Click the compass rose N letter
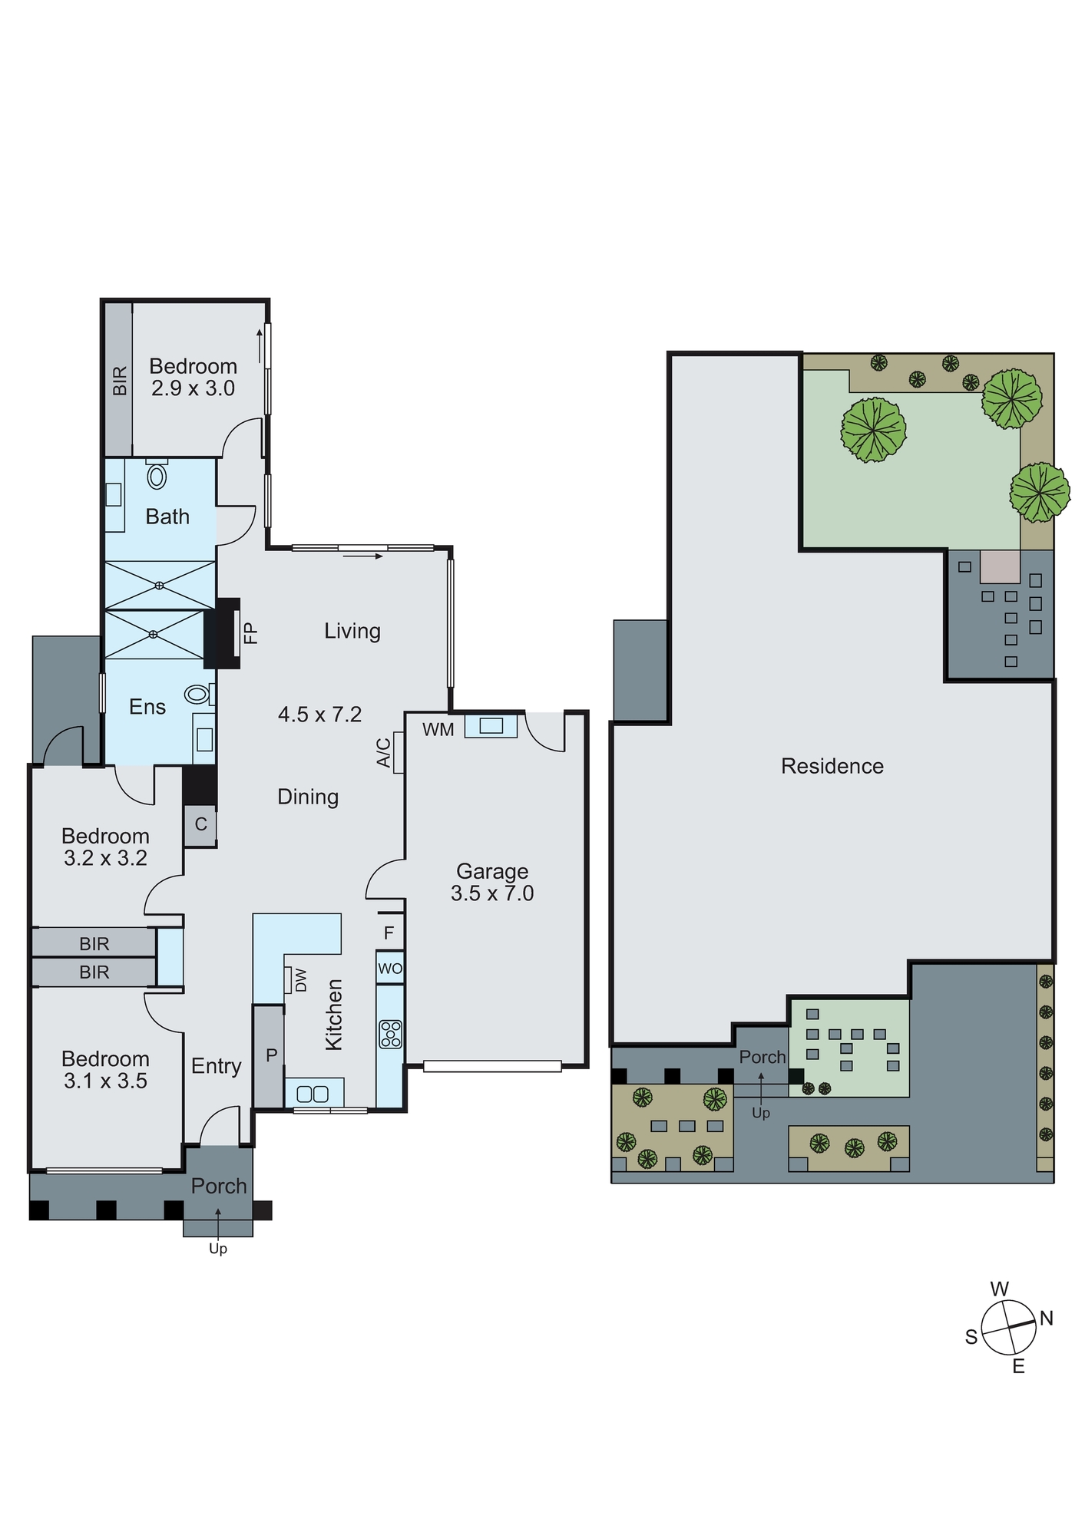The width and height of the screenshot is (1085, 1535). click(x=1046, y=1318)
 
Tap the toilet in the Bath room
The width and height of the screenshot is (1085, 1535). click(x=157, y=476)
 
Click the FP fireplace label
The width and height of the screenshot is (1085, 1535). click(x=250, y=633)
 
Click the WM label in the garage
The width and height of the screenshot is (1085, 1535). click(x=438, y=730)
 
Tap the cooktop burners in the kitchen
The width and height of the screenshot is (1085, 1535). click(x=391, y=1034)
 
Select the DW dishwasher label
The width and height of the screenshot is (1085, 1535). click(x=300, y=980)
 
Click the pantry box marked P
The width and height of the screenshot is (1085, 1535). click(x=270, y=1055)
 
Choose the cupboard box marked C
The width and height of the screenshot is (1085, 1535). click(x=200, y=825)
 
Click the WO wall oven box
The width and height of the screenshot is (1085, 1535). click(x=390, y=969)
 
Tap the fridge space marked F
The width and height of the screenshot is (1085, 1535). click(x=389, y=933)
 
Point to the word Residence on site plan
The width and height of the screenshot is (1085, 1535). click(x=832, y=766)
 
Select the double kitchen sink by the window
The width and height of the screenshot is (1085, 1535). click(x=313, y=1093)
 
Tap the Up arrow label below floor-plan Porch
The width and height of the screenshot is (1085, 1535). click(x=218, y=1249)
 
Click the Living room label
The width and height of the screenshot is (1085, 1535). click(x=352, y=631)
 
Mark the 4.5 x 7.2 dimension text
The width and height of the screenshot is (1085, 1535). click(x=319, y=715)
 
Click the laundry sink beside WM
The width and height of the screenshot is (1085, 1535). click(x=491, y=725)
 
